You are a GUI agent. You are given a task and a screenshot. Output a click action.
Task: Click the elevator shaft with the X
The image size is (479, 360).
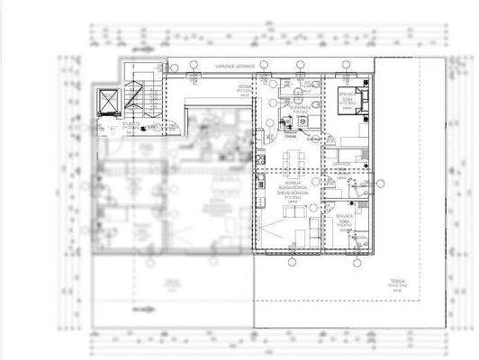pos(106,101)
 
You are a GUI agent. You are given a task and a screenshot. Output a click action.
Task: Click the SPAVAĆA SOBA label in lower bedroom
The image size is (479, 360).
pos(357,220)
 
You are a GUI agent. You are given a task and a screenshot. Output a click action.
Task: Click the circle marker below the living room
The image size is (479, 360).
pos(290,263)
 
